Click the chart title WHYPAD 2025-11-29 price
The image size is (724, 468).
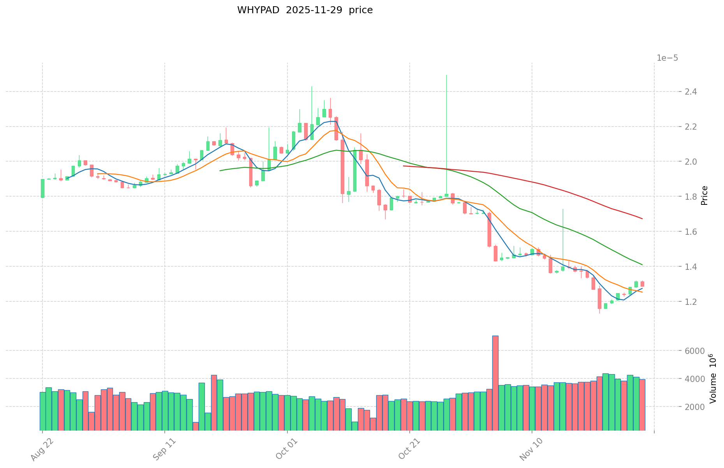tap(305, 10)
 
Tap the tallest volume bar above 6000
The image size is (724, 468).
tap(495, 382)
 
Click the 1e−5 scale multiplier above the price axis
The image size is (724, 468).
tap(667, 58)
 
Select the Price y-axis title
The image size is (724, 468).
tap(704, 195)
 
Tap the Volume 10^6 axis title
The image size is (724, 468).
tap(712, 378)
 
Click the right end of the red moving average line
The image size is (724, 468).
tap(642, 219)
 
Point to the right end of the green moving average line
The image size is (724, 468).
tap(642, 265)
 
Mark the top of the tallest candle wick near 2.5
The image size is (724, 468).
tap(446, 75)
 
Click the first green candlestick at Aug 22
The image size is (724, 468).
tap(42, 188)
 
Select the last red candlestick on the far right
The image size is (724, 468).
tap(642, 284)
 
